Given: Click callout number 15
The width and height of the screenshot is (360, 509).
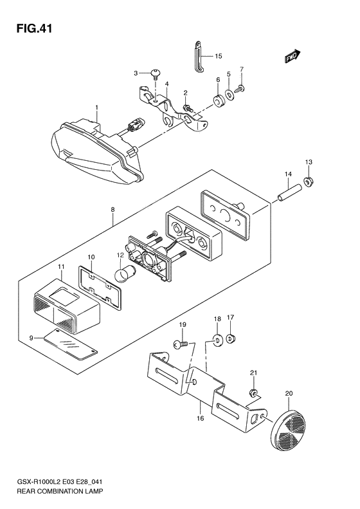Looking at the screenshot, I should click(x=219, y=56).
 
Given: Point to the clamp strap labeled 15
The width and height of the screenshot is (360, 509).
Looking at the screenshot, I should click(x=198, y=56).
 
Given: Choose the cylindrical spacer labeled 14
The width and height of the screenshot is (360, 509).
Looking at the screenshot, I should click(x=289, y=193).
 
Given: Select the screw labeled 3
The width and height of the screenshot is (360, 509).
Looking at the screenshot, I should click(x=156, y=76).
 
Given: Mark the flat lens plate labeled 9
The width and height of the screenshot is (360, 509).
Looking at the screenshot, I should click(x=71, y=345).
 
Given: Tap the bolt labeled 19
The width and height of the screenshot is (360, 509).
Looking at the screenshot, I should click(x=181, y=346).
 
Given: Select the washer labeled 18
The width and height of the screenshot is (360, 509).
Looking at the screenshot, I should click(x=217, y=339).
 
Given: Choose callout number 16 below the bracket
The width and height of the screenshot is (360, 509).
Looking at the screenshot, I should click(x=201, y=419).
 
